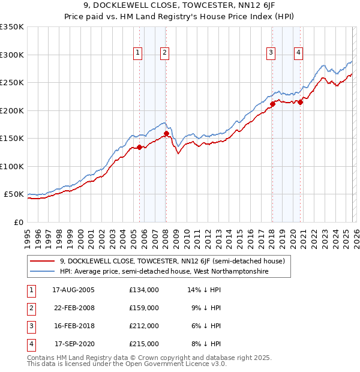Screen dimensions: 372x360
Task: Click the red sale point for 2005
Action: tap(139, 147)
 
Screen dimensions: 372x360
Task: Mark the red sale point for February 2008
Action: tap(166, 133)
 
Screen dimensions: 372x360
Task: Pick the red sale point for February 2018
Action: tap(272, 104)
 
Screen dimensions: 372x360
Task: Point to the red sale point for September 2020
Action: tap(300, 102)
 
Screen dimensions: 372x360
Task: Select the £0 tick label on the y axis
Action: tap(18, 222)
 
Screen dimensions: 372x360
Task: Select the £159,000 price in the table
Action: tap(144, 308)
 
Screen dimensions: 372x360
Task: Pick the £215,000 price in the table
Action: tap(144, 344)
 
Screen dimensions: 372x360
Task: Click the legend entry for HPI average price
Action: tap(163, 272)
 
